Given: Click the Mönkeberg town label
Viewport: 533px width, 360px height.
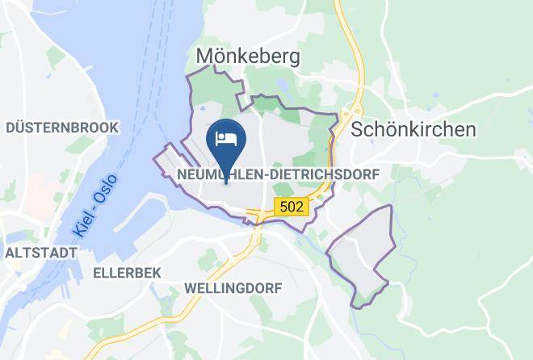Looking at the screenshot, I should pyautogui.click(x=248, y=56).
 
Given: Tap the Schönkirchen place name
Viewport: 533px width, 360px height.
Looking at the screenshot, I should pyautogui.click(x=413, y=129).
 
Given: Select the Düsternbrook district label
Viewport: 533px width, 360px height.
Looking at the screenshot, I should pyautogui.click(x=62, y=128).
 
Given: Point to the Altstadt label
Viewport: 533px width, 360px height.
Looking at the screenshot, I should pyautogui.click(x=40, y=253).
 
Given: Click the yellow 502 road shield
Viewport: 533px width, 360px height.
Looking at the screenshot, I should pyautogui.click(x=292, y=207).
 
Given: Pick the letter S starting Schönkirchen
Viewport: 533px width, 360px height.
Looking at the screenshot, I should pyautogui.click(x=358, y=129).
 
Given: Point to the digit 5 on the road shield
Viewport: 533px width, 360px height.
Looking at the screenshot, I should pyautogui.click(x=284, y=207).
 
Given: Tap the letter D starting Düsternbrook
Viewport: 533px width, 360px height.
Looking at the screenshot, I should pyautogui.click(x=10, y=128).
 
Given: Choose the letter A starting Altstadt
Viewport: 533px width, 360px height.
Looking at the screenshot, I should pyautogui.click(x=9, y=253).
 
